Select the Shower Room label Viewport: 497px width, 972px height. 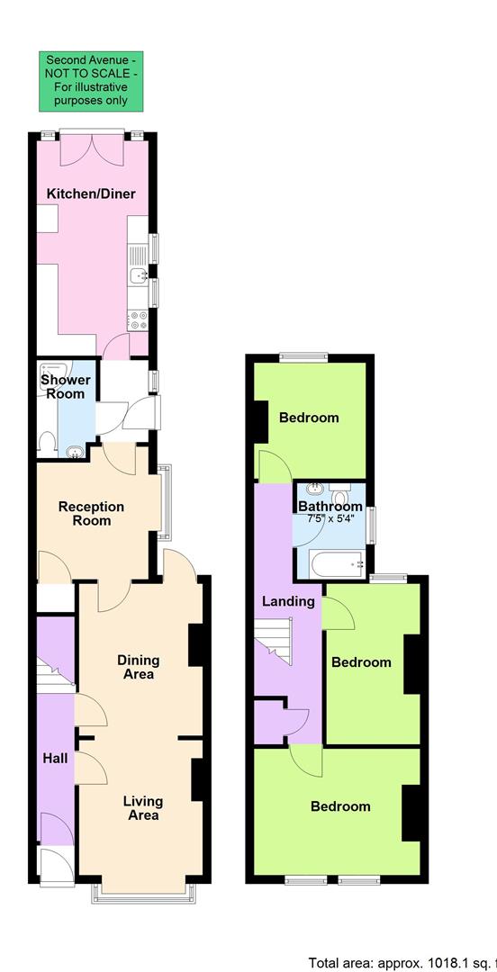(65, 387)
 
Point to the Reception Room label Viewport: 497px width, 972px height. (91, 514)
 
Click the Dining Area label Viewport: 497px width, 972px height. (136, 667)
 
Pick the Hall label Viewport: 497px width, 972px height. (55, 759)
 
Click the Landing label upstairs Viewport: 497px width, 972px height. (288, 601)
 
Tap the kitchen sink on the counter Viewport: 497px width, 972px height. (138, 275)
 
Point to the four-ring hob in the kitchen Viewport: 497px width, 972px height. (138, 319)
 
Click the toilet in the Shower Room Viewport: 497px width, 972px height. (49, 441)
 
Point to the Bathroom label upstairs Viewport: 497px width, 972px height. (330, 507)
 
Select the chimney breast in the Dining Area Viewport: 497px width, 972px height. (194, 645)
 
